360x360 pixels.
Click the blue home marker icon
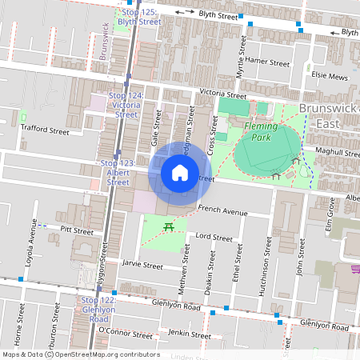tap(180, 173)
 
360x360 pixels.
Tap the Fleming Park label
tap(262, 131)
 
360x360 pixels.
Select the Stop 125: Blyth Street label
tap(138, 18)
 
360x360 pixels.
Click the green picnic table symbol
tap(169, 228)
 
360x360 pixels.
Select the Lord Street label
tap(214, 238)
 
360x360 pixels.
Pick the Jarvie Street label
tap(142, 265)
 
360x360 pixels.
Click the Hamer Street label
tap(267, 62)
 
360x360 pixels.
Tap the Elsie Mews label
tap(330, 77)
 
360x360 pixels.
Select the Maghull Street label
tap(338, 152)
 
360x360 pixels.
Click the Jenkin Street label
tap(190, 333)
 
